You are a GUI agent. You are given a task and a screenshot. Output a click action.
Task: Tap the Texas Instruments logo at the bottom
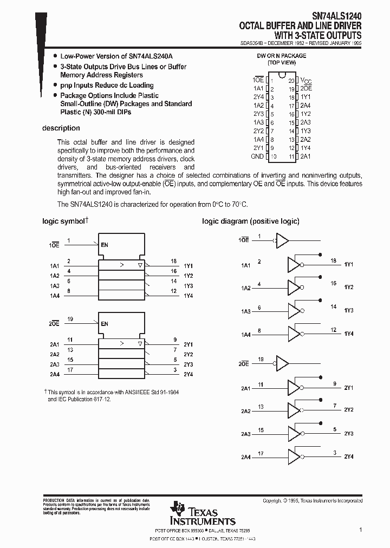(203, 513)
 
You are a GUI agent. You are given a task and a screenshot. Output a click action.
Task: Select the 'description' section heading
(61, 128)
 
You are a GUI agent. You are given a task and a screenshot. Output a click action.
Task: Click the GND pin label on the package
(257, 156)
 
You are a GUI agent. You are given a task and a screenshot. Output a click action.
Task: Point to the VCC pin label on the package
(306, 80)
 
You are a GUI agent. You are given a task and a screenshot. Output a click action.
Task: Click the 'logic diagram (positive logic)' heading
(250, 221)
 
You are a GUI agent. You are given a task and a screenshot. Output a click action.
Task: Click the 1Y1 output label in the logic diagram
(348, 264)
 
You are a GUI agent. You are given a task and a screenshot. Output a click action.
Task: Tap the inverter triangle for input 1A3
(294, 311)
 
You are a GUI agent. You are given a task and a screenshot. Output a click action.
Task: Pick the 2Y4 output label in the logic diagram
(348, 456)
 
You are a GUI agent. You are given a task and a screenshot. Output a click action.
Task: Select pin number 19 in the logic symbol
(70, 319)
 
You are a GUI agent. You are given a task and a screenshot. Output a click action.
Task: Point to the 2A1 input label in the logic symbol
(54, 344)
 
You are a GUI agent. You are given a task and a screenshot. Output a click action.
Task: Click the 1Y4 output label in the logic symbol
(188, 296)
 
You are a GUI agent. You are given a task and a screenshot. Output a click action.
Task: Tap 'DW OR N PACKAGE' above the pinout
(281, 56)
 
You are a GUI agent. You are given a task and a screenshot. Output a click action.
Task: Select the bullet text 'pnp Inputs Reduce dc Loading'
(107, 86)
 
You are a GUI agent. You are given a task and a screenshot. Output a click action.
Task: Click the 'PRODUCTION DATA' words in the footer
(54, 500)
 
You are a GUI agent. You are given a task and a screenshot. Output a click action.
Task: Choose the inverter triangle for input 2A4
(294, 456)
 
